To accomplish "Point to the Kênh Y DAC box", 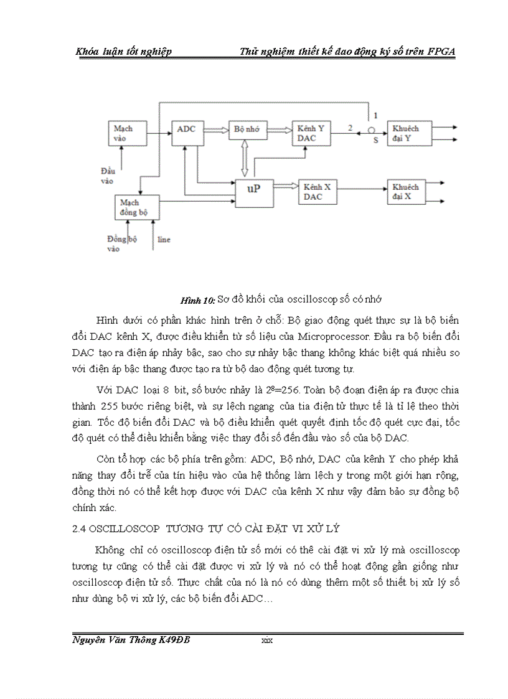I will (x=311, y=133).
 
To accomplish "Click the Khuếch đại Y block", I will (x=409, y=133).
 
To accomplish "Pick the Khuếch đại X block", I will (x=409, y=192).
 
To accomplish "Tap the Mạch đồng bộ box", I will (x=137, y=207).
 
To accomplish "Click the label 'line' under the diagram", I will (x=164, y=239).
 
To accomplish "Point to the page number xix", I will (x=268, y=640).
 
